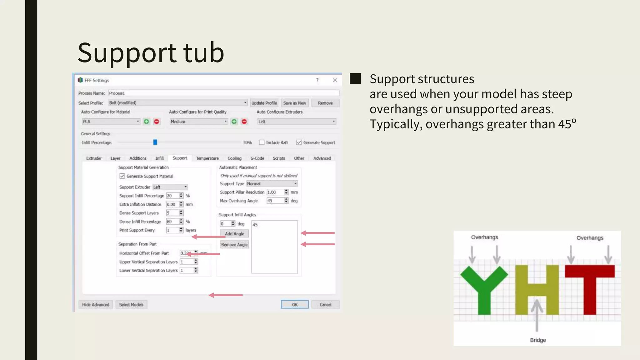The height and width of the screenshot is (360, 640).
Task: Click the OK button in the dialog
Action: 294,304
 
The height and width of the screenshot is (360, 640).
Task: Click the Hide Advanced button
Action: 96,304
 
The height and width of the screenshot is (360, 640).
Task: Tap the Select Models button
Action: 131,304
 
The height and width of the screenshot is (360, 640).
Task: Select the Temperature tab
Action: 207,158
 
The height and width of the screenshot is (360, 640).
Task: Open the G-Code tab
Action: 257,158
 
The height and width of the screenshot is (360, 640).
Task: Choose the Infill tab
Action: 159,158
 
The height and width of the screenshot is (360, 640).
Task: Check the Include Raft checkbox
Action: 262,142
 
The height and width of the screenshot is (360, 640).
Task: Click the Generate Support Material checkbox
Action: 122,176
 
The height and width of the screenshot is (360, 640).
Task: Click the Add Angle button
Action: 234,234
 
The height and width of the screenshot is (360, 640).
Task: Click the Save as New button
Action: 294,103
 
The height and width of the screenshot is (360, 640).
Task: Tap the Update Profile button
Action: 264,103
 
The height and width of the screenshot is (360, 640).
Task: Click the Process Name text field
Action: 224,93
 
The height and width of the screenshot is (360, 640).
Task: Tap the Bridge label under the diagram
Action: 538,340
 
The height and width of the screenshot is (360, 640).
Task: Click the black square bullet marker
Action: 355,79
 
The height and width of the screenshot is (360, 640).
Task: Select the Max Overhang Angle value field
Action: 275,201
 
